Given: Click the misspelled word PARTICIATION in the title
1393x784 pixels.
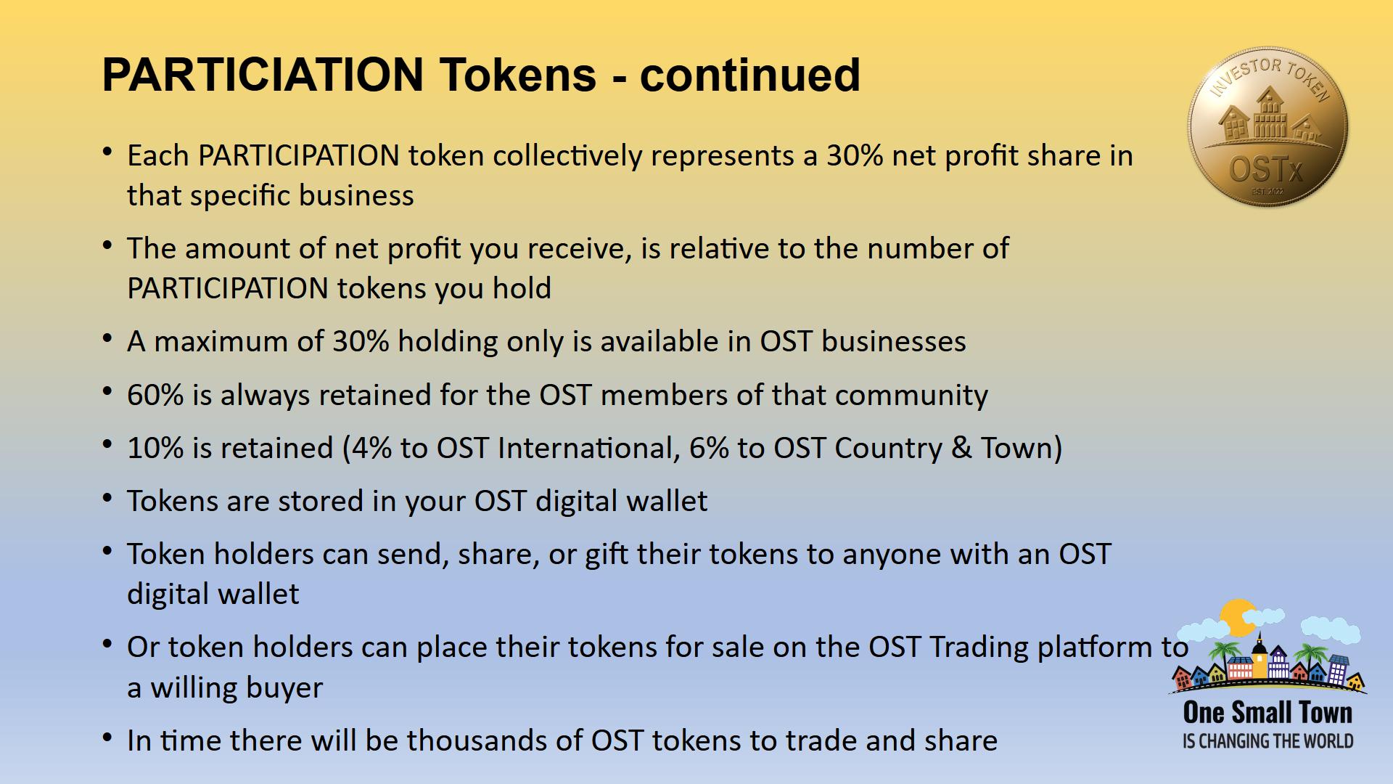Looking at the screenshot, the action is coord(263,74).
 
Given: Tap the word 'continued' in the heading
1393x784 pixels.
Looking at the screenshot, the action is coord(750,74).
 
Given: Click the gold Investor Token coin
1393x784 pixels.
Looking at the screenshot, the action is coord(1267,126).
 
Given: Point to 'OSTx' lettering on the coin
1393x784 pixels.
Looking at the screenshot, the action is coord(1266,170).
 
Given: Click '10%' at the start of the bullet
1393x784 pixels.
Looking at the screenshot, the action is coord(155,448).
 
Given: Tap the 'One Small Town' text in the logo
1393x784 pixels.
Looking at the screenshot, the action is coord(1267,712).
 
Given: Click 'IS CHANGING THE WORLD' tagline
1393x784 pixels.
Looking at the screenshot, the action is coord(1267,741).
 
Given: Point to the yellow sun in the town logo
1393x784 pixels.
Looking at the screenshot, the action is coord(1238,618).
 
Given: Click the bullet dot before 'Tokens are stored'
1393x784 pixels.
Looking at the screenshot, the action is coord(107,499).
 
